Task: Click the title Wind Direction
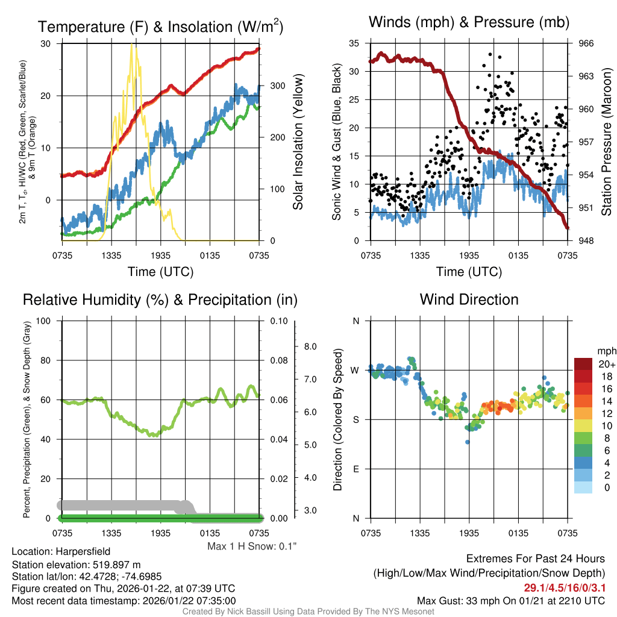point(469,299)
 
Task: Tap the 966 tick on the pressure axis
point(586,43)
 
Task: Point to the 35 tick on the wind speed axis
point(354,43)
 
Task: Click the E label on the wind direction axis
point(355,469)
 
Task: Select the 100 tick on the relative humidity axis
point(44,321)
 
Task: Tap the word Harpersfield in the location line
point(83,551)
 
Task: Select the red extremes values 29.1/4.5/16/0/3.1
point(565,587)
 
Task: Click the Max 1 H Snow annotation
point(251,547)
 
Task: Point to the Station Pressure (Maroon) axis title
point(606,142)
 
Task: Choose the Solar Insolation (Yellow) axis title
point(298,142)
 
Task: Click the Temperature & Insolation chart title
point(160,27)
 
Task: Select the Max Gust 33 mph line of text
point(511,601)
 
